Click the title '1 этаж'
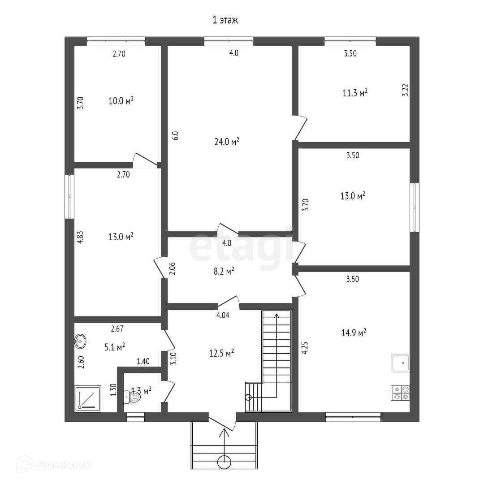point(225,20)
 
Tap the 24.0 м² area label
point(227,142)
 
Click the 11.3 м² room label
point(355,93)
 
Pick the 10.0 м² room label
point(121,100)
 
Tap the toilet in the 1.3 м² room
point(133,397)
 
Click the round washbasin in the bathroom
point(80,341)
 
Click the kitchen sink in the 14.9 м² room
point(401,363)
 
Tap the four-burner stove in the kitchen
point(401,393)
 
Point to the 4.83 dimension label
point(80,237)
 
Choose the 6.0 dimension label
point(176,136)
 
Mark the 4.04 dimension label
point(223,315)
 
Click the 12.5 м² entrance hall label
point(222,354)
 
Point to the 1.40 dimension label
point(143,361)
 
